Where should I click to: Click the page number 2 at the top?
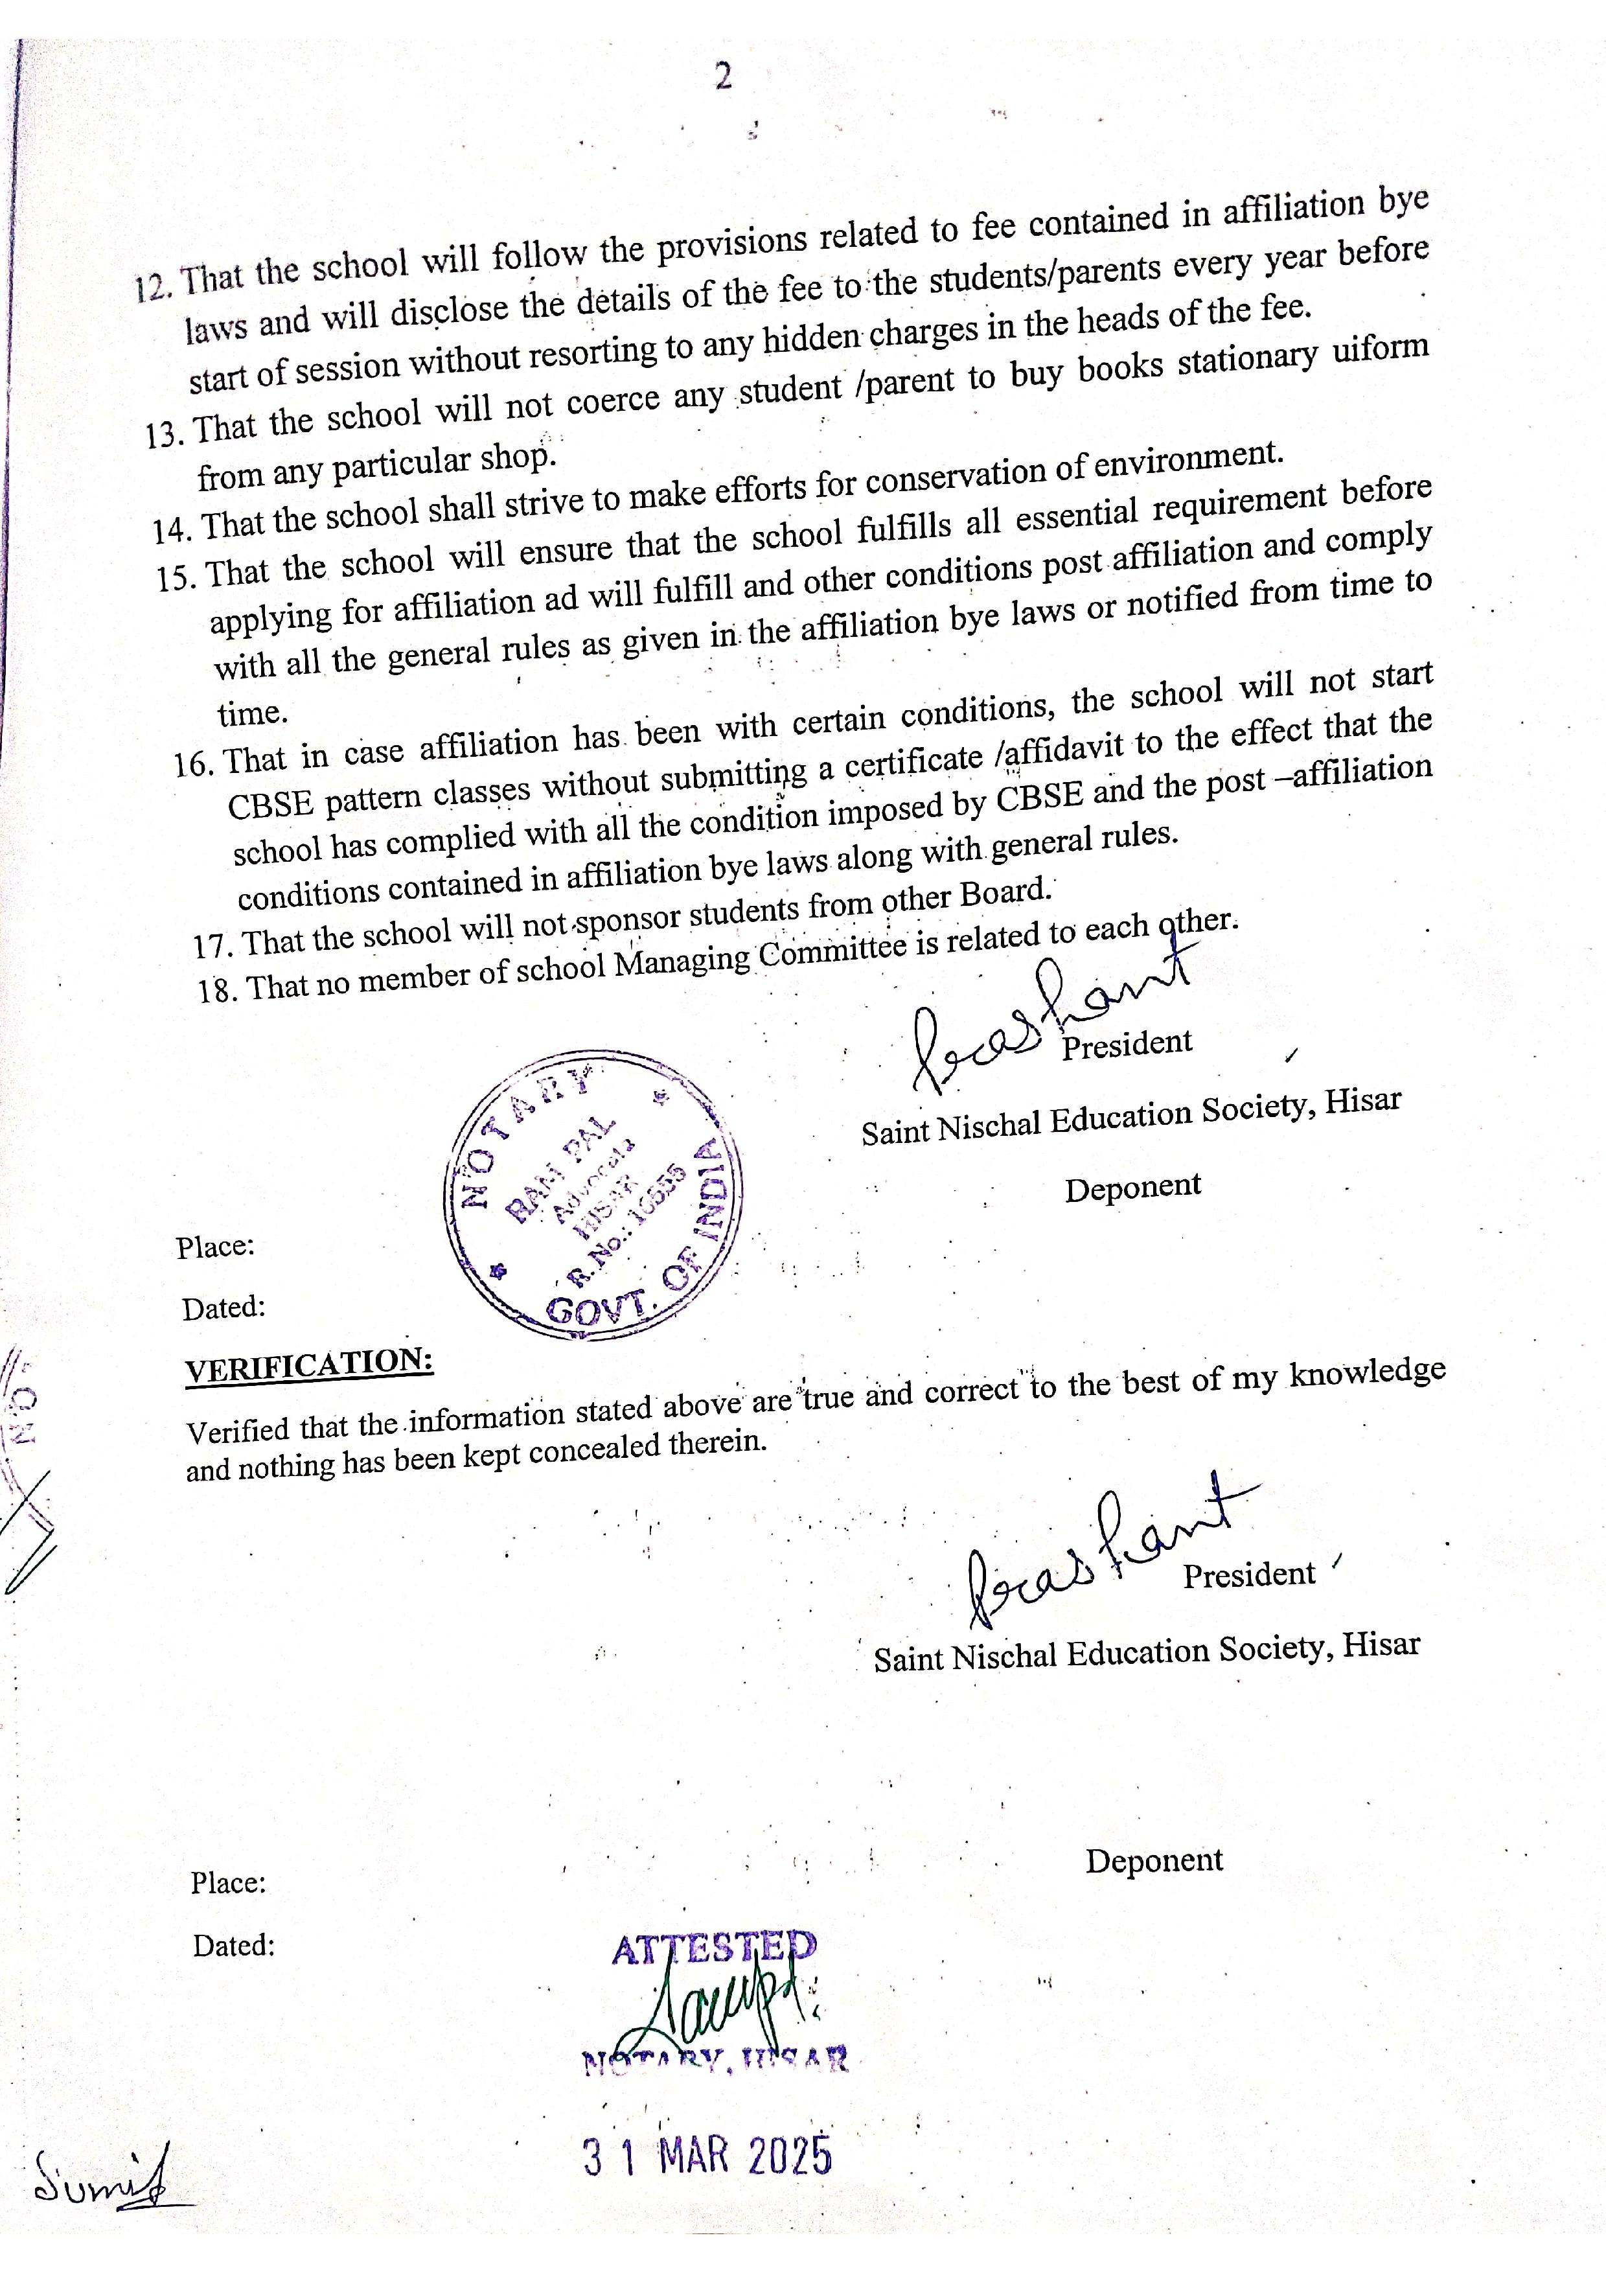[x=724, y=77]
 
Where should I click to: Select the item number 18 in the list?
[x=214, y=989]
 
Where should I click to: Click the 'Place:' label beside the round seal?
[x=216, y=1247]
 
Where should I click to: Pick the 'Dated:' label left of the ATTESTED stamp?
[x=233, y=1945]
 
